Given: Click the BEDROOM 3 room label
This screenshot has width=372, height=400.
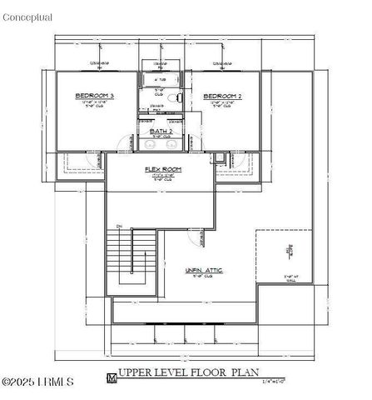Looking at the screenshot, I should (x=94, y=96).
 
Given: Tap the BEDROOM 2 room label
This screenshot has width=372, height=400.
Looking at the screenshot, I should (x=222, y=96).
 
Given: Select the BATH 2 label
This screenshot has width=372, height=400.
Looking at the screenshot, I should (x=161, y=132).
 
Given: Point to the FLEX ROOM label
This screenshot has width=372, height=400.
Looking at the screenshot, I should (x=163, y=169).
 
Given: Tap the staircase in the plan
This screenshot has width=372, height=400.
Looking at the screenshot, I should (x=131, y=260).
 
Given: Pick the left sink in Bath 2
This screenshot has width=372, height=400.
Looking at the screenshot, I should (x=151, y=144).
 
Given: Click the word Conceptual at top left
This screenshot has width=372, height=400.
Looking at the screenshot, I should (x=27, y=17).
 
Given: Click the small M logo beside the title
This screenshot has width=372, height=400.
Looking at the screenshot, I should (x=112, y=377).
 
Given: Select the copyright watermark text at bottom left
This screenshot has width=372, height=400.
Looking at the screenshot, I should (x=37, y=382).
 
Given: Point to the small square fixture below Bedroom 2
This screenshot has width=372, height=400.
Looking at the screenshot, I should (x=218, y=157).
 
